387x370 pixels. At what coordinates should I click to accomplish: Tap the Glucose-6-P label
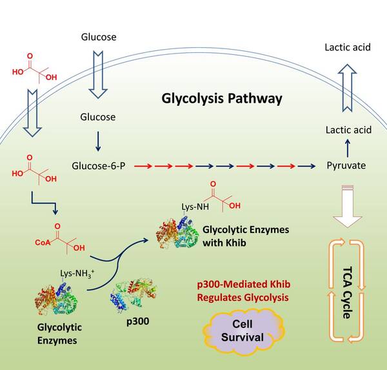click(99, 166)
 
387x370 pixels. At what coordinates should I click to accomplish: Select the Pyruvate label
click(346, 166)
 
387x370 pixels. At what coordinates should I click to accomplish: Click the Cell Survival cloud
click(239, 329)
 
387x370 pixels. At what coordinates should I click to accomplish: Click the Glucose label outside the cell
click(98, 37)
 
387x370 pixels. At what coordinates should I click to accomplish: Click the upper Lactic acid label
click(346, 47)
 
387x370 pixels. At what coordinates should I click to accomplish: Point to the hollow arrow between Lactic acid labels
click(346, 87)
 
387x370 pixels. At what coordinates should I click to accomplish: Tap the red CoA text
click(43, 243)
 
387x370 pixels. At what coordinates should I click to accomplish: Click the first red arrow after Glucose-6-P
click(142, 166)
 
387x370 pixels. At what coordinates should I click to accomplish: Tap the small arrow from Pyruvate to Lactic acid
click(346, 146)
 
